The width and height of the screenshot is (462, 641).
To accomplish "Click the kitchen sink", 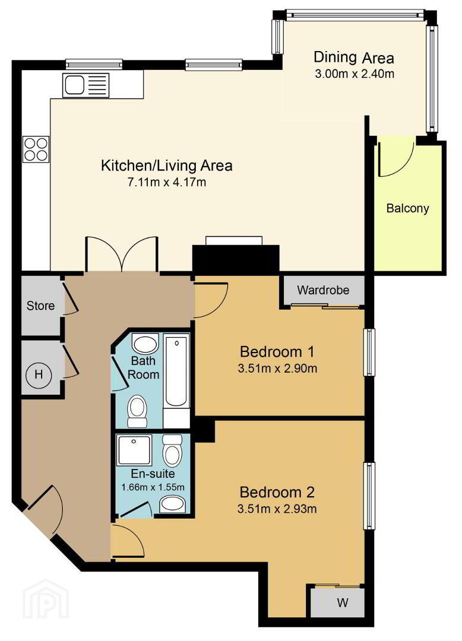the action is [x=86, y=85].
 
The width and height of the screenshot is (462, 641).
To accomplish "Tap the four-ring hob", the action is [x=36, y=149].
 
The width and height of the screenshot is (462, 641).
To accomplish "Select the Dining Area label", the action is [x=354, y=58].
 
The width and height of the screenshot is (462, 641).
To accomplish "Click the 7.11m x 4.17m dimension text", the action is [x=167, y=182].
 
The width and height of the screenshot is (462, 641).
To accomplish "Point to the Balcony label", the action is [x=407, y=208].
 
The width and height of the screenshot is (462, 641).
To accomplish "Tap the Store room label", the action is [x=40, y=306].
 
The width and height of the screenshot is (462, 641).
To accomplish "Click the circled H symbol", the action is [x=39, y=374].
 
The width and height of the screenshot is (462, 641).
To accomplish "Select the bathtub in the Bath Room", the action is [x=176, y=370].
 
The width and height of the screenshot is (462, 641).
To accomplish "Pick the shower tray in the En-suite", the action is [x=134, y=450].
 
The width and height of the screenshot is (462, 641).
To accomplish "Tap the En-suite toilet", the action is [x=172, y=450].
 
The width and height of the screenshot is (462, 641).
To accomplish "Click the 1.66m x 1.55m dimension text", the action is [x=153, y=487].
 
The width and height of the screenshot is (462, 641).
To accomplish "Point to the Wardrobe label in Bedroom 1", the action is [x=323, y=290].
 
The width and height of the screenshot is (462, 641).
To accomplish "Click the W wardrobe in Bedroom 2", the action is [x=337, y=602].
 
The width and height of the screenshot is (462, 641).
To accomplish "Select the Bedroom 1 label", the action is [x=277, y=351].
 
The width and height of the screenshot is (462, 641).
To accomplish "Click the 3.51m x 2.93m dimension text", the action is [x=277, y=509].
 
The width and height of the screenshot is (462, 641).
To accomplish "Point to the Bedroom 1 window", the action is [x=369, y=352].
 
